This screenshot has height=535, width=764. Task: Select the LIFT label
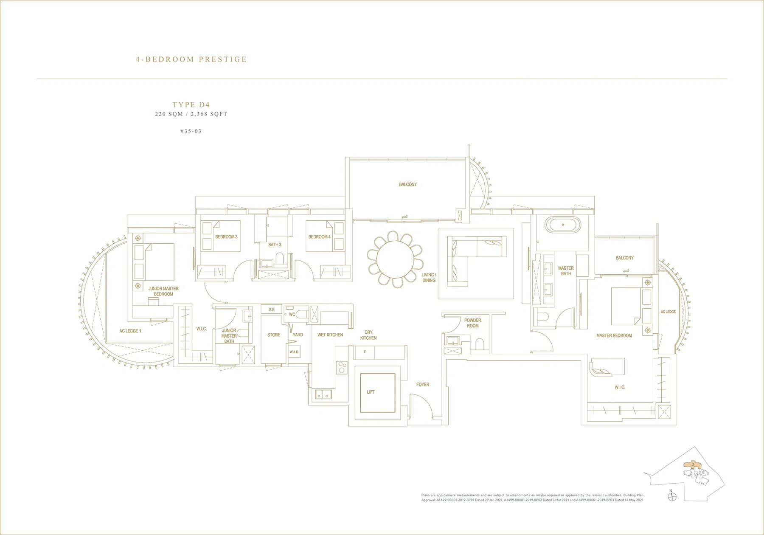coord(371,392)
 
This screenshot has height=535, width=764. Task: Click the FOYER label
coord(423,385)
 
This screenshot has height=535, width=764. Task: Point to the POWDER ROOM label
coord(473,323)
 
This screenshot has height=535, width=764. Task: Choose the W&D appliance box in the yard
coord(294,352)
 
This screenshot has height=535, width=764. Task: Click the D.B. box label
coord(272,310)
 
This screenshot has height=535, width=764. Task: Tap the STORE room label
coord(274,335)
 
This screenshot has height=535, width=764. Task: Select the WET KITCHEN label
coord(330,335)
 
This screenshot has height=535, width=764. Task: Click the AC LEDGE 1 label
coord(130,331)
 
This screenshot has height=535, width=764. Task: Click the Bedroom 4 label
coord(320,237)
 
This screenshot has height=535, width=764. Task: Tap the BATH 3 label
coord(275,245)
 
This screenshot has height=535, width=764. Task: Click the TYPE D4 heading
coord(191,104)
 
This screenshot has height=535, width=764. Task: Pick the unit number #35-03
coord(191,131)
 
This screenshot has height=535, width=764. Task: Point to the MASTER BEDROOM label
coord(614,335)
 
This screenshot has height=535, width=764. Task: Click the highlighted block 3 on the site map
coord(692,465)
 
